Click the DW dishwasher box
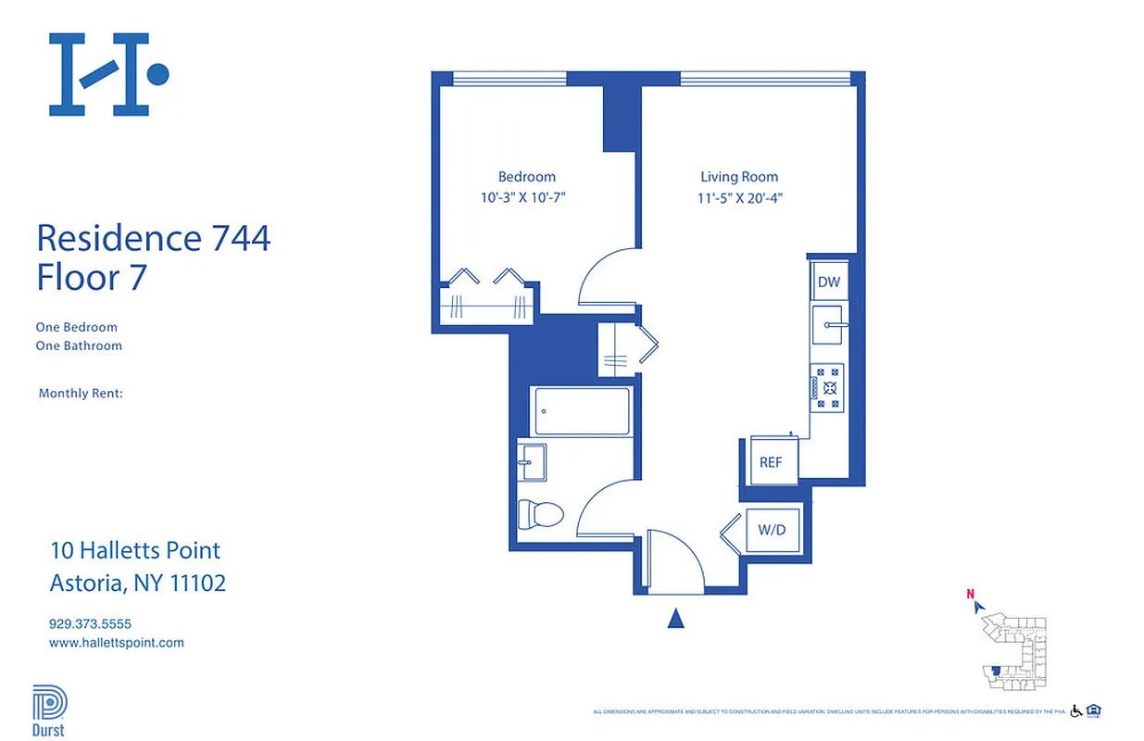click(x=827, y=281)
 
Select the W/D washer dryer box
click(x=772, y=531)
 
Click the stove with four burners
click(x=827, y=387)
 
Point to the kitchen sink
click(x=827, y=324)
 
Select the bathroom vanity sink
click(x=532, y=461)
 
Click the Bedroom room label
click(x=526, y=177)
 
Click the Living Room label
click(x=738, y=177)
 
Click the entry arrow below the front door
click(x=676, y=618)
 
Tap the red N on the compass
click(x=970, y=595)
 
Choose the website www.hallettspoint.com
click(x=116, y=643)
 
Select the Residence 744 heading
click(x=153, y=238)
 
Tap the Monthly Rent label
click(x=81, y=394)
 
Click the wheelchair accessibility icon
click(x=1076, y=711)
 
